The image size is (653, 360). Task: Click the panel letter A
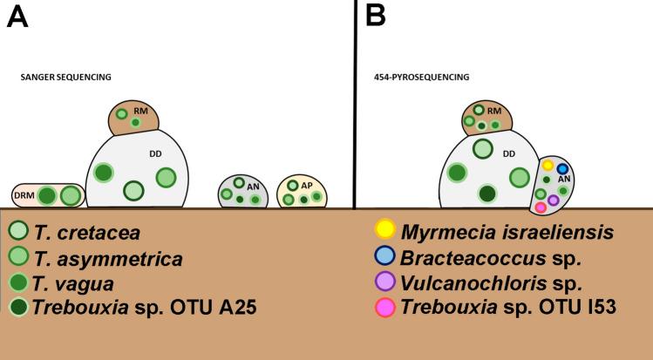pyautogui.click(x=17, y=16)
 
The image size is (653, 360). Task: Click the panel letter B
pyautogui.click(x=379, y=16)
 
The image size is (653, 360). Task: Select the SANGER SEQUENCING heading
pyautogui.click(x=65, y=78)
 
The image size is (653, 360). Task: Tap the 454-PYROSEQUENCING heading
pyautogui.click(x=421, y=78)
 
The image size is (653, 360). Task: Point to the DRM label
pyautogui.click(x=25, y=196)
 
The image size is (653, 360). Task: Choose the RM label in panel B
pyautogui.click(x=493, y=112)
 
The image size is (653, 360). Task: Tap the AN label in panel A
pyautogui.click(x=253, y=186)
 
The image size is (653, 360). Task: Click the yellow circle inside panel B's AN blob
pyautogui.click(x=548, y=165)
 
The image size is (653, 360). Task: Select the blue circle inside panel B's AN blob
pyautogui.click(x=563, y=169)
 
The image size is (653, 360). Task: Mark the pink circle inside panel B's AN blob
pyautogui.click(x=541, y=207)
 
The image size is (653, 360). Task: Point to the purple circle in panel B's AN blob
pyautogui.click(x=554, y=200)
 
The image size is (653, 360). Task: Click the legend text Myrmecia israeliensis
pyautogui.click(x=507, y=232)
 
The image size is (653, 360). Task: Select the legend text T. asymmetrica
pyautogui.click(x=108, y=259)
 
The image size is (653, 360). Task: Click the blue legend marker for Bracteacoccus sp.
pyautogui.click(x=384, y=258)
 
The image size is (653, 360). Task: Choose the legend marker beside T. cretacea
pyautogui.click(x=17, y=233)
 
